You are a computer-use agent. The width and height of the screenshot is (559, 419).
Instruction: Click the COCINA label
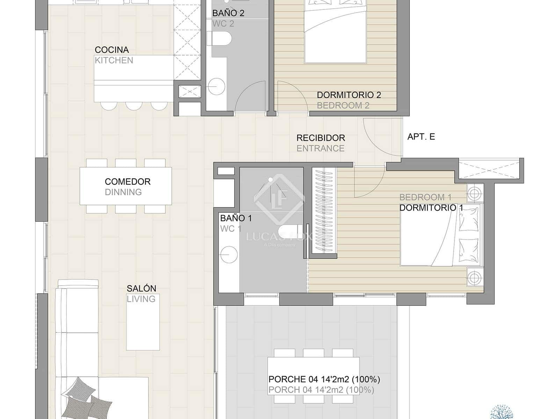tap(112, 50)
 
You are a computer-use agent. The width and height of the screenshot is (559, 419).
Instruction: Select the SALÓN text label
tap(141, 288)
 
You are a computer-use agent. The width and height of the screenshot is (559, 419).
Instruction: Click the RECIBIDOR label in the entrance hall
tap(320, 138)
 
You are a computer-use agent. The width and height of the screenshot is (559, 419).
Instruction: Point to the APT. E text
tap(421, 137)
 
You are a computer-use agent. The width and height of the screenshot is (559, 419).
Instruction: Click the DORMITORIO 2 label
tap(349, 95)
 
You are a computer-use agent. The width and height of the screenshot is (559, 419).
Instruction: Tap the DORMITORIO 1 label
tap(431, 208)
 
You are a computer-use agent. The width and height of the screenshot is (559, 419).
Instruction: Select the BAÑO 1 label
tap(236, 218)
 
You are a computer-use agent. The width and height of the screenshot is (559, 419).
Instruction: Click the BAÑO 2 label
tap(228, 13)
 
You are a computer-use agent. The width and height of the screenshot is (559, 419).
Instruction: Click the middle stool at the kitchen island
tap(134, 105)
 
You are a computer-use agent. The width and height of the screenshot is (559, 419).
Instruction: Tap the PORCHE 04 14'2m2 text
tap(324, 379)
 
